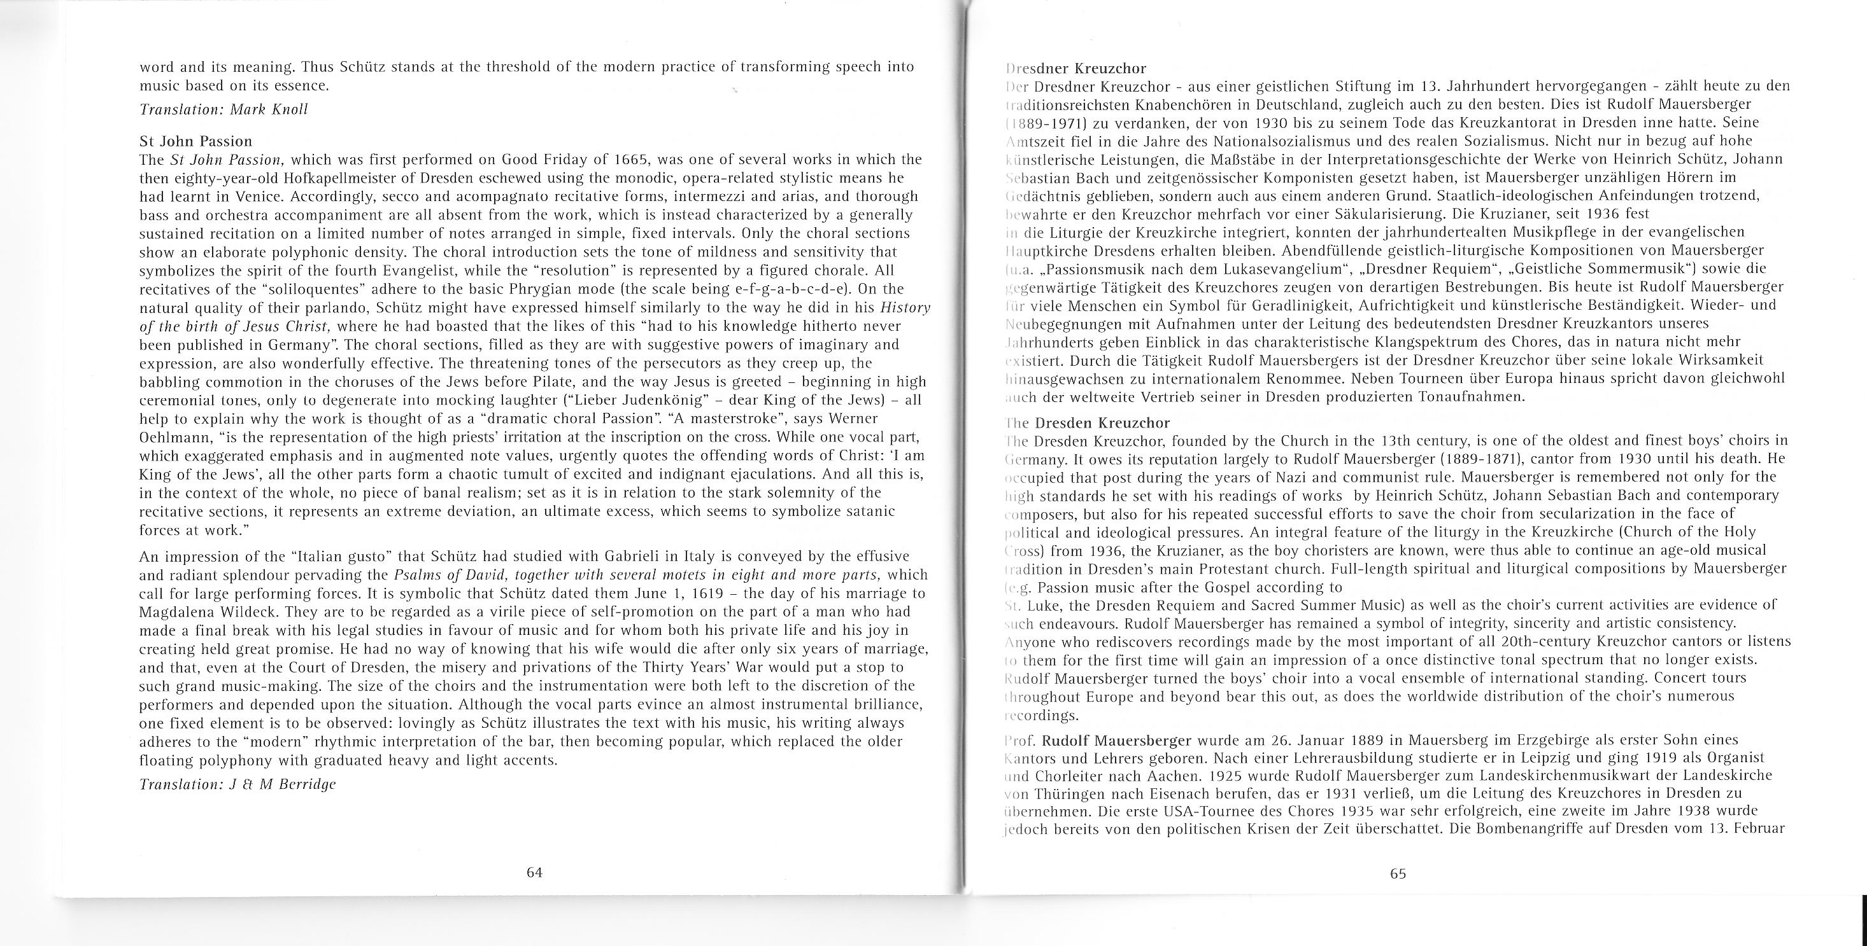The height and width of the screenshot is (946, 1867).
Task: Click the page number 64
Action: click(x=534, y=873)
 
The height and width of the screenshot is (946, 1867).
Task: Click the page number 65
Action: click(x=1398, y=873)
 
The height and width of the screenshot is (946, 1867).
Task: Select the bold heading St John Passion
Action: click(x=195, y=141)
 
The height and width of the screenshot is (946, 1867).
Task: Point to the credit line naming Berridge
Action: click(x=237, y=784)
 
